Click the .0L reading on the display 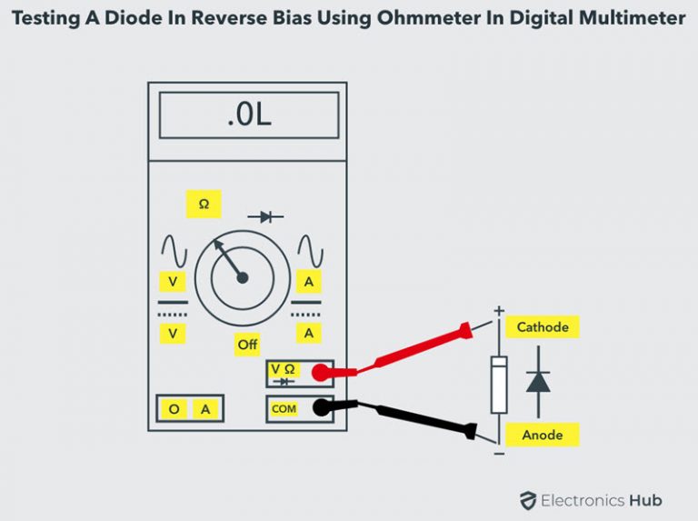[x=248, y=116]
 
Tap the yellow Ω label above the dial [x=204, y=205]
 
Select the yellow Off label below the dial [x=247, y=345]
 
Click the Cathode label [x=543, y=327]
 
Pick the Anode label [x=542, y=435]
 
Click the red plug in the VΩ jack [x=320, y=373]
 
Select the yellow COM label [x=284, y=409]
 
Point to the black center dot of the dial [x=243, y=278]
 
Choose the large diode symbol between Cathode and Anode [x=538, y=381]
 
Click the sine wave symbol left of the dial [x=173, y=251]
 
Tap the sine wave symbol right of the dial [x=310, y=251]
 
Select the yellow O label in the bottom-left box [x=173, y=410]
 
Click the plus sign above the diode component [x=498, y=311]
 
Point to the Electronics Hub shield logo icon [x=528, y=500]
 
